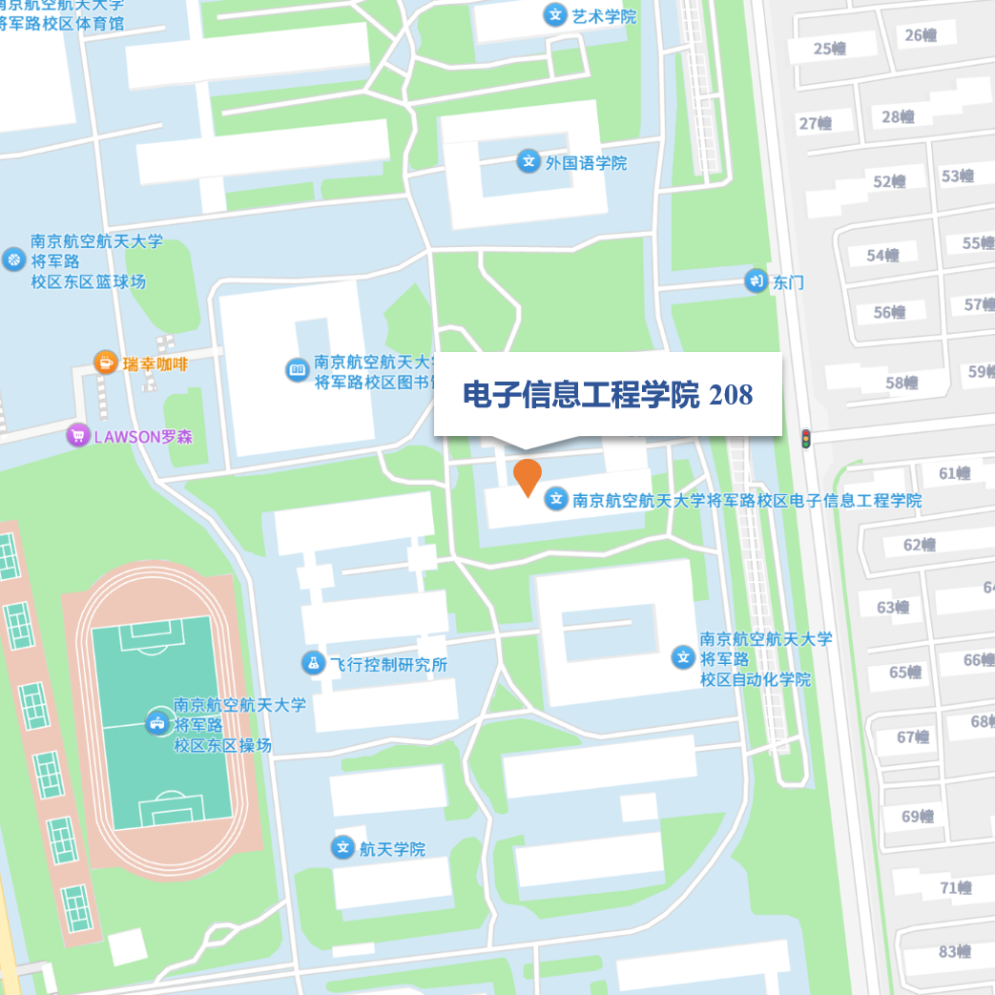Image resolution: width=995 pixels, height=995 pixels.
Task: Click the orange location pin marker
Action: (528, 475)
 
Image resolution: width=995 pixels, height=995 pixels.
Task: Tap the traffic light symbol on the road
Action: (806, 440)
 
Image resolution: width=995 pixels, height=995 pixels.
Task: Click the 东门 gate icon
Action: (756, 281)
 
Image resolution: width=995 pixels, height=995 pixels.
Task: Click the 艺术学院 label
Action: (604, 16)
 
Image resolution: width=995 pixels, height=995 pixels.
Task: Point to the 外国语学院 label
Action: (586, 163)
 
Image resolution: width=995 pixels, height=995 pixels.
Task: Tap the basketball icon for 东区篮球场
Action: (13, 259)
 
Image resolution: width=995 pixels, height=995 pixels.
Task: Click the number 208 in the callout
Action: (731, 395)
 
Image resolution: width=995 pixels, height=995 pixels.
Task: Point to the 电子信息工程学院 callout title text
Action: (581, 395)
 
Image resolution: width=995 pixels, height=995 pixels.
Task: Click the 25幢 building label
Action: (830, 49)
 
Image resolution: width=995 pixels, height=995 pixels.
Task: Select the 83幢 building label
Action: (954, 951)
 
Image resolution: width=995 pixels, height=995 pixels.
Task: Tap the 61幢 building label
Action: (954, 473)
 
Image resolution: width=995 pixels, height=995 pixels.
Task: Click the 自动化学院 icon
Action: (683, 656)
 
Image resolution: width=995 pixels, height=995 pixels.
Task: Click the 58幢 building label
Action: (902, 383)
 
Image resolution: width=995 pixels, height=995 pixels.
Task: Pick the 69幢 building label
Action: (918, 817)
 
